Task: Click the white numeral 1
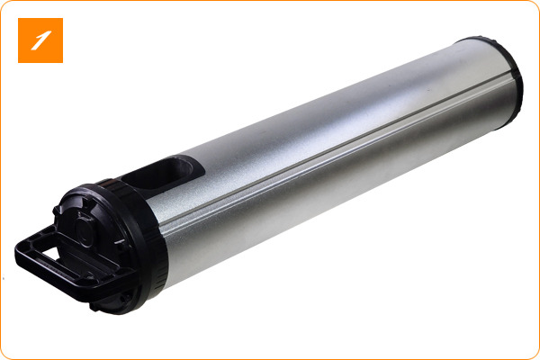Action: (x=40, y=40)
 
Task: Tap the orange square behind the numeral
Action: (x=40, y=40)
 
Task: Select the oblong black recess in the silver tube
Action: (x=162, y=175)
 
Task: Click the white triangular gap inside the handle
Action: (x=51, y=253)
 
